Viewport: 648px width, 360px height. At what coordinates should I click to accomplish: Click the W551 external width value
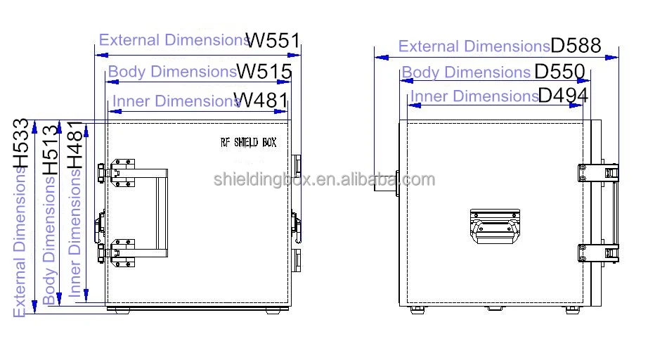pos(274,39)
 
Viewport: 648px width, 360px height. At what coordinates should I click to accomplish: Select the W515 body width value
pos(264,72)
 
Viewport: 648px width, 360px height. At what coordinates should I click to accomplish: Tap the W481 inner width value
pos(264,101)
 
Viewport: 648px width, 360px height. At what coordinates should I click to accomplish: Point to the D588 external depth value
pos(576,46)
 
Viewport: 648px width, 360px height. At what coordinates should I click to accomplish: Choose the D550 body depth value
pos(559,72)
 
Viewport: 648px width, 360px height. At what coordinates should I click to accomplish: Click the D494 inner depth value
pos(563,96)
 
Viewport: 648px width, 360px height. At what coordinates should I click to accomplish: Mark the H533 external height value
pos(23,143)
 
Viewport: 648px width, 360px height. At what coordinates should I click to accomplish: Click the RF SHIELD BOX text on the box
pos(248,142)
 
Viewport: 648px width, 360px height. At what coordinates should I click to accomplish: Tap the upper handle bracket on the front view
pos(120,172)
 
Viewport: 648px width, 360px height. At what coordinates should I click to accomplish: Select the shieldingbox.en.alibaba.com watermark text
pos(324,179)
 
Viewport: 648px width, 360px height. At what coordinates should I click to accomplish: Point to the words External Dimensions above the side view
pos(474,46)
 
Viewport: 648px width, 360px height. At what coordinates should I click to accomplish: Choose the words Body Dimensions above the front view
pos(171,72)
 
